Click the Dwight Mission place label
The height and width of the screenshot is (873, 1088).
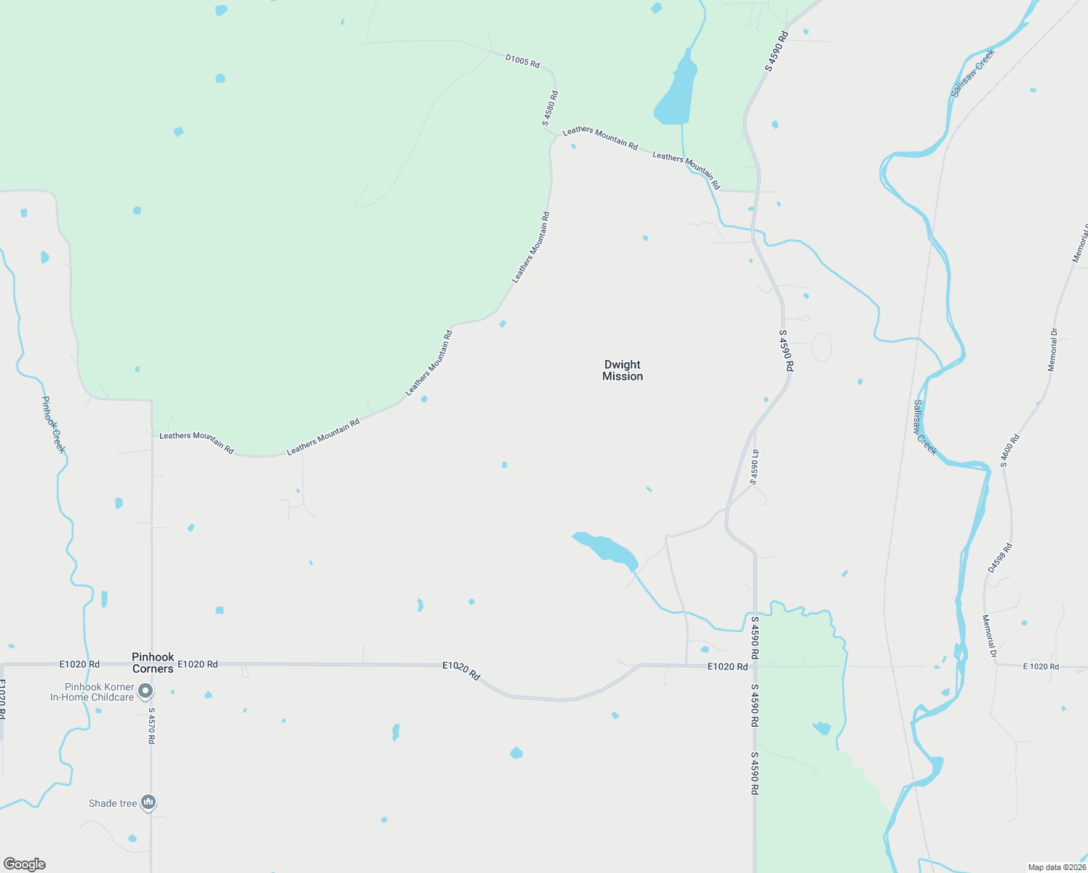coord(623,370)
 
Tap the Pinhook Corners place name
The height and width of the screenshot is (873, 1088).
coord(153,663)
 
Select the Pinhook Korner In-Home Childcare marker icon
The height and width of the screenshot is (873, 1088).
coord(146,690)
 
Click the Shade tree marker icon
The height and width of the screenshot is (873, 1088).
coord(148,802)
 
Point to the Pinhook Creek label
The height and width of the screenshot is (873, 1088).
coord(53,425)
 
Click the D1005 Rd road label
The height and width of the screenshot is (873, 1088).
coord(522,60)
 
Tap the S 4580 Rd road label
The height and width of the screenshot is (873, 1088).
coord(550,108)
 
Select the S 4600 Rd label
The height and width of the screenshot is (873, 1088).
coord(1010,450)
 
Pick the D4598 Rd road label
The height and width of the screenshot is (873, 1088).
coord(1000,558)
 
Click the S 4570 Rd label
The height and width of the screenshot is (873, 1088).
coord(151,725)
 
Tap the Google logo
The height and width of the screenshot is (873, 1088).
coord(24,864)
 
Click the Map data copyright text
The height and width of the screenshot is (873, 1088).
coord(1057,867)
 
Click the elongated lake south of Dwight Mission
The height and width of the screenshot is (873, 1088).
coord(607,548)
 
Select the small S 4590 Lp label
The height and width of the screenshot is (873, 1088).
coord(755,466)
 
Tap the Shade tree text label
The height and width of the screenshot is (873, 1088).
coord(113,803)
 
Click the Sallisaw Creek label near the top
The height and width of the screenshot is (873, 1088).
coord(972,73)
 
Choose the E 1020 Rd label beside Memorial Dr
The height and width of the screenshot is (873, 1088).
coord(1041,666)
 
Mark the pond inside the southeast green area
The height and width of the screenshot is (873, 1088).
coord(822,727)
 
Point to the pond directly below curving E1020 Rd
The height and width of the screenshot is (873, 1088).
coord(615,716)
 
